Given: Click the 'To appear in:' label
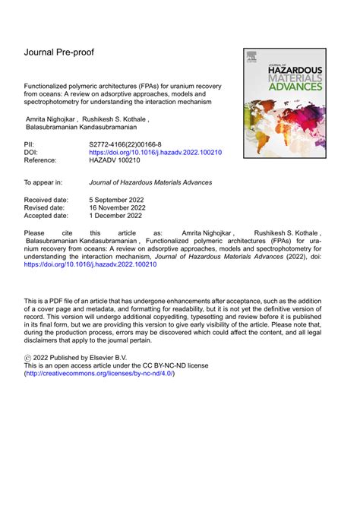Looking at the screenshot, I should (48, 183).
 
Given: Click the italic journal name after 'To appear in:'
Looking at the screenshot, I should (150, 183).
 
